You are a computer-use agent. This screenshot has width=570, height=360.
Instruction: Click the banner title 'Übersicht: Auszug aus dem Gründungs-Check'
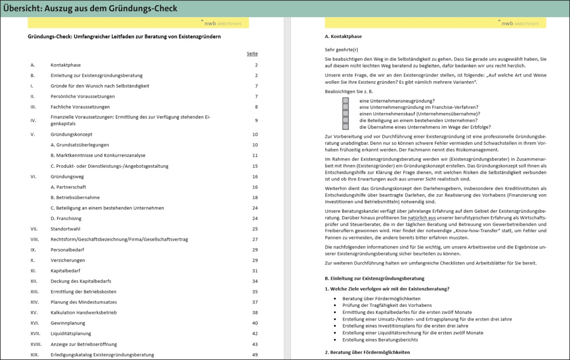click(90, 9)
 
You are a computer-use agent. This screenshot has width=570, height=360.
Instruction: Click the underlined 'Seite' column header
click(252, 54)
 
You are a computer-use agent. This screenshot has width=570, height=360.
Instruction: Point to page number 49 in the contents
click(255, 355)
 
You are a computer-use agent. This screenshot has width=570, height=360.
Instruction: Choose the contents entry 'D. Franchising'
click(66, 218)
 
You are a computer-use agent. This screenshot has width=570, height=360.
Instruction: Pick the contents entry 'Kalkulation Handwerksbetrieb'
click(84, 313)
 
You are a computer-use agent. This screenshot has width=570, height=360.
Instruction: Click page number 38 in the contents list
click(255, 313)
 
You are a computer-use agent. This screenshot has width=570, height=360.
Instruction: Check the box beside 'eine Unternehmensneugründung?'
click(345, 101)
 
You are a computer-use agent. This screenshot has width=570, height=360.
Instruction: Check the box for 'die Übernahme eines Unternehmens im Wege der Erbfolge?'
click(345, 127)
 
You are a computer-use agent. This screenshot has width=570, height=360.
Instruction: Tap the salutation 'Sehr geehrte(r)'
click(342, 49)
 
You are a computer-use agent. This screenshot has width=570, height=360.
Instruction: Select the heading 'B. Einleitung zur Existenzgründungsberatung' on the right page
click(374, 278)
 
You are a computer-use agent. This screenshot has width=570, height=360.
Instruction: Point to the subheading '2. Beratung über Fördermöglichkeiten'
click(367, 352)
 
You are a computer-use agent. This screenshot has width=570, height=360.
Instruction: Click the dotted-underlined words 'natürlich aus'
click(422, 218)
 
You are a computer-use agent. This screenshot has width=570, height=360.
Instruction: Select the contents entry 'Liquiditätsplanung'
click(71, 333)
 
